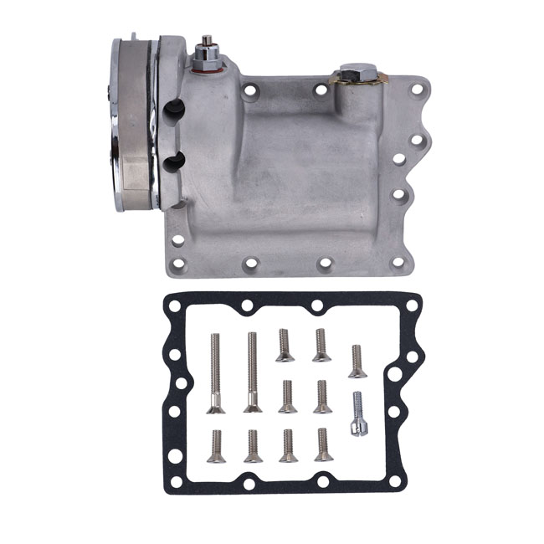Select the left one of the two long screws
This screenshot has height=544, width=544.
[215, 372]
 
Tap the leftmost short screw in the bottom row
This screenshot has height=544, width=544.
[217, 445]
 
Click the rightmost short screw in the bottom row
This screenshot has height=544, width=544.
[323, 444]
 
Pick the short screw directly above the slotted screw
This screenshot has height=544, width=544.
[357, 361]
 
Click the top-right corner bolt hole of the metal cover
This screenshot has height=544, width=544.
[416, 86]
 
